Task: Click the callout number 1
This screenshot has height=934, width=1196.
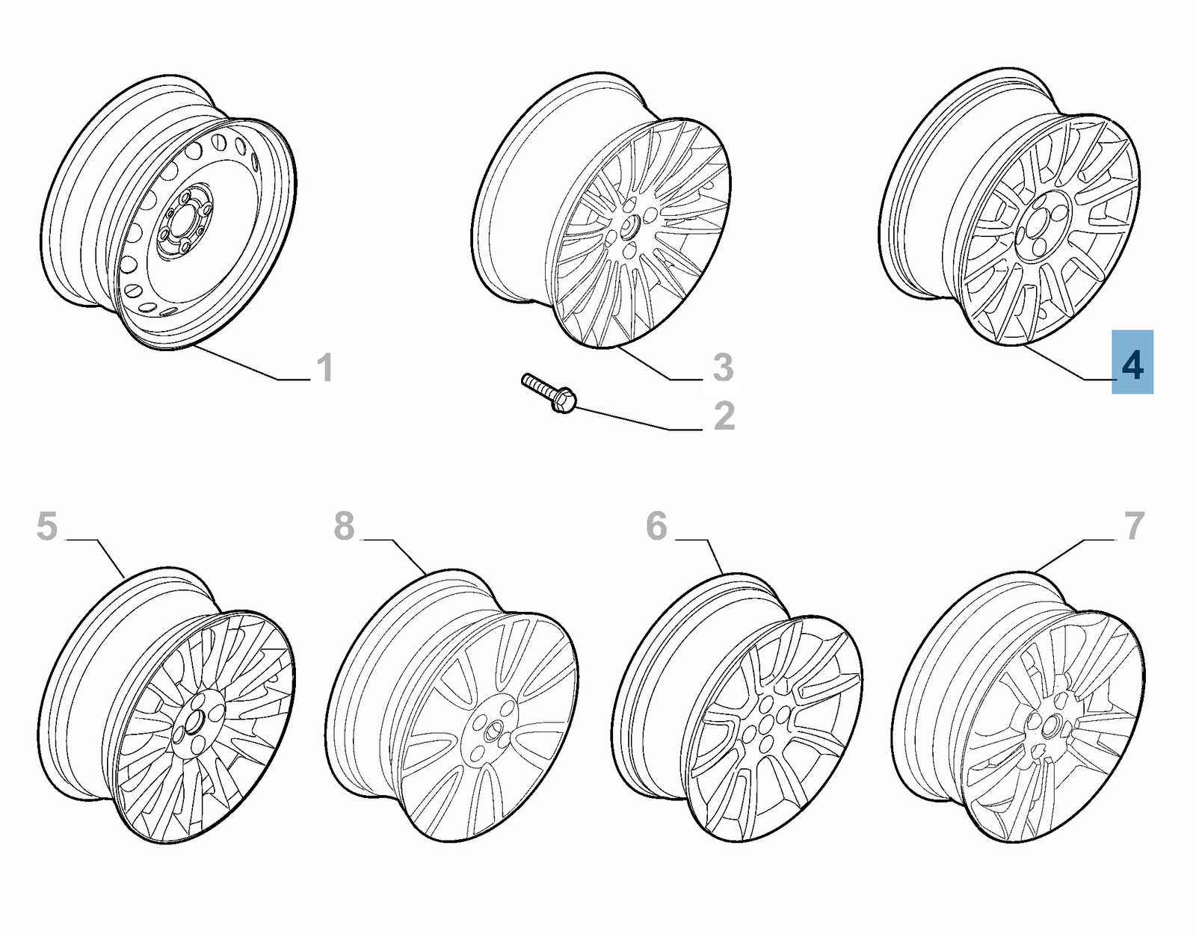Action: click(x=324, y=368)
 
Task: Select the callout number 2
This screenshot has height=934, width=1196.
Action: click(x=724, y=416)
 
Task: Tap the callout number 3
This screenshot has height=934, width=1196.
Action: click(x=723, y=367)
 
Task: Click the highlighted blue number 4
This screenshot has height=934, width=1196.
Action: click(x=1132, y=362)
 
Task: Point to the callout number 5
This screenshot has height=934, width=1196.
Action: click(x=46, y=526)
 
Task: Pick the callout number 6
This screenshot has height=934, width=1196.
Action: click(x=656, y=526)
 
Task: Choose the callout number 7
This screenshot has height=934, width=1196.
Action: click(x=1135, y=526)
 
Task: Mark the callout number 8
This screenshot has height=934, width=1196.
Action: click(x=344, y=526)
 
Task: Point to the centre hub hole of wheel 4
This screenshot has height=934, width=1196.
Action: click(x=1039, y=223)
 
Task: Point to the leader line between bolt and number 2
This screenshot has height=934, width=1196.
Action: click(x=628, y=420)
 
